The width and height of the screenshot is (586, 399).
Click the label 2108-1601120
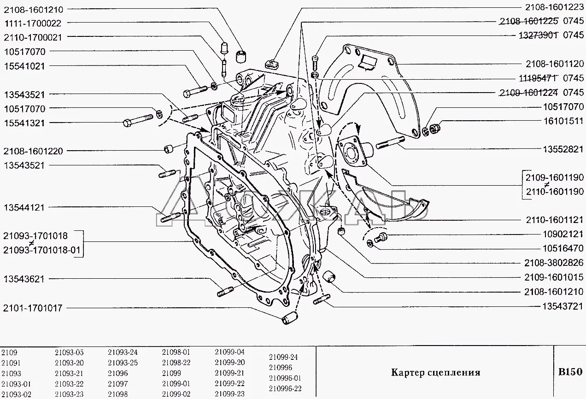554,64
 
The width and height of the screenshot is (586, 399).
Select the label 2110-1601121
554,220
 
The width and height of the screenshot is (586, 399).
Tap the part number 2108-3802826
554,263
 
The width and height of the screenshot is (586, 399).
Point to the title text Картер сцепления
435,372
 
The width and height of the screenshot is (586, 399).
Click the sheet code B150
570,372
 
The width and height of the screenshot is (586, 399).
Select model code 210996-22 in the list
285,388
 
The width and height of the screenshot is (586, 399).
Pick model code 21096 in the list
118,373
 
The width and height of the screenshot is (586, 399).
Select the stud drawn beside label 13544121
170,217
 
